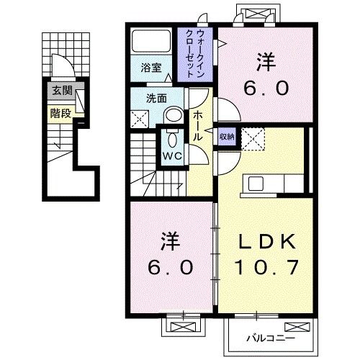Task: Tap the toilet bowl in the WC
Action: pos(171,137)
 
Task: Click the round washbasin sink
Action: pos(173,116)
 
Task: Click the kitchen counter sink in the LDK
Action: pos(256,184)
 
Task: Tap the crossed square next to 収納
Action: pos(251,138)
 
